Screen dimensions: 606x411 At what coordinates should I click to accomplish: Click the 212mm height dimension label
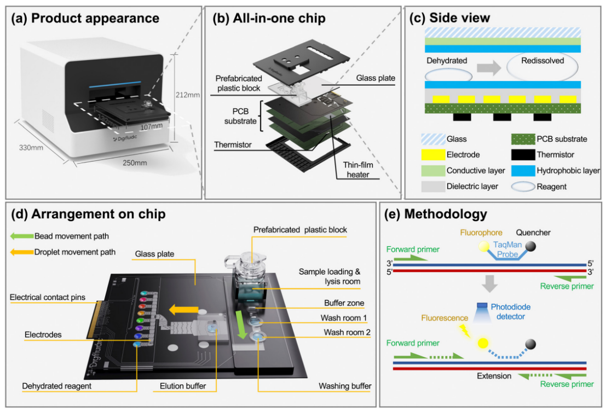pyautogui.click(x=187, y=95)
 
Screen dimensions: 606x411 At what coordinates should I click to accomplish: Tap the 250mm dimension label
pyautogui.click(x=135, y=163)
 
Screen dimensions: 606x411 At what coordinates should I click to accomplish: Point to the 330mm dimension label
pyautogui.click(x=31, y=148)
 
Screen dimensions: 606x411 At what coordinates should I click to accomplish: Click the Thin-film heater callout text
pyautogui.click(x=358, y=170)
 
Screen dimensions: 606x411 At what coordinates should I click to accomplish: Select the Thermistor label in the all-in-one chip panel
pyautogui.click(x=233, y=145)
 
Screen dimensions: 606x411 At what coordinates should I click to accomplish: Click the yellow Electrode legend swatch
pyautogui.click(x=433, y=155)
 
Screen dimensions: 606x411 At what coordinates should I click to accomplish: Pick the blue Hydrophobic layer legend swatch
pyautogui.click(x=523, y=171)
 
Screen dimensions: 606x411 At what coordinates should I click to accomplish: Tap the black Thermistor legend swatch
pyautogui.click(x=523, y=155)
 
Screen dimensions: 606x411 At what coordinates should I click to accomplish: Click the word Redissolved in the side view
pyautogui.click(x=542, y=61)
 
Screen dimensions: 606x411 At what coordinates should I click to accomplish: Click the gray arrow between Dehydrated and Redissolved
pyautogui.click(x=488, y=68)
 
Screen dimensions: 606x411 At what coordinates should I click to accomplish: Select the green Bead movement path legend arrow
pyautogui.click(x=22, y=236)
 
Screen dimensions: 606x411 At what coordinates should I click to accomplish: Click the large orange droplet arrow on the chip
pyautogui.click(x=183, y=310)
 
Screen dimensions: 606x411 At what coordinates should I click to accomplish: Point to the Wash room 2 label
pyautogui.click(x=347, y=332)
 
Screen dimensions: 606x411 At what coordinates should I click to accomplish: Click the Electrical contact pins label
pyautogui.click(x=48, y=297)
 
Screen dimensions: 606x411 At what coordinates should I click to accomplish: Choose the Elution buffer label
pyautogui.click(x=183, y=386)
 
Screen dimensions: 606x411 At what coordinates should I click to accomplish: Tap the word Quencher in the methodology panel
pyautogui.click(x=533, y=233)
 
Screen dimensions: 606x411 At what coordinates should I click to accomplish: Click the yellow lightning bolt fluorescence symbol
pyautogui.click(x=464, y=331)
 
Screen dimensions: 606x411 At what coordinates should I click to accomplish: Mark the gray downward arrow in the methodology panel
pyautogui.click(x=489, y=283)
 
